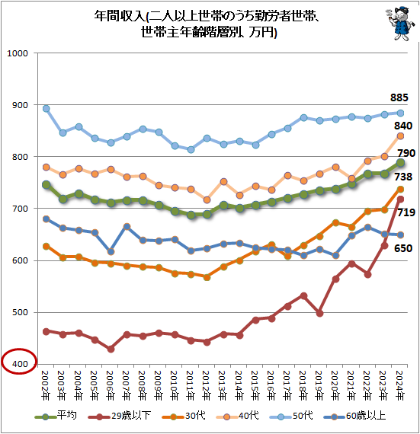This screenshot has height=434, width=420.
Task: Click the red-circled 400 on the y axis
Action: pyautogui.click(x=18, y=365)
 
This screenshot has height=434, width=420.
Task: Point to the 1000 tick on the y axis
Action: pyautogui.click(x=18, y=53)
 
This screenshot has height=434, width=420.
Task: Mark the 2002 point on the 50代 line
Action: pyautogui.click(x=46, y=109)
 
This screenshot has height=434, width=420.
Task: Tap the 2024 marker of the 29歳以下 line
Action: pyautogui.click(x=400, y=199)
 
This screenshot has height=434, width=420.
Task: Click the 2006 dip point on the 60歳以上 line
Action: pyautogui.click(x=111, y=251)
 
